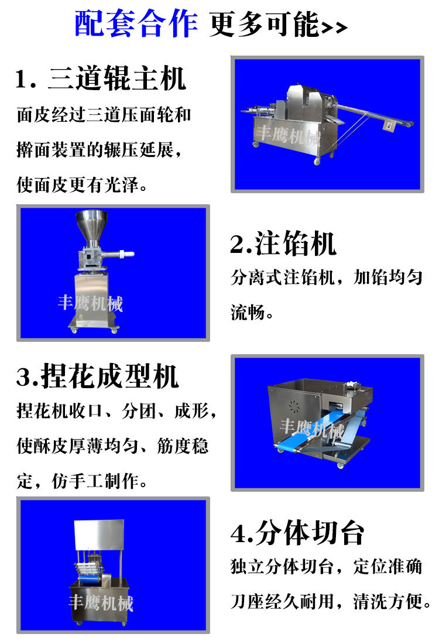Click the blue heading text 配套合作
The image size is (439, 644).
(136, 25)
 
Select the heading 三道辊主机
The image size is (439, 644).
(116, 79)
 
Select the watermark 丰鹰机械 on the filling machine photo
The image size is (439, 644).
(90, 303)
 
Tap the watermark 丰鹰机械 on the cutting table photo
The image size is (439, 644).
(101, 602)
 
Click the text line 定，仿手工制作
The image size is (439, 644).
(82, 481)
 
